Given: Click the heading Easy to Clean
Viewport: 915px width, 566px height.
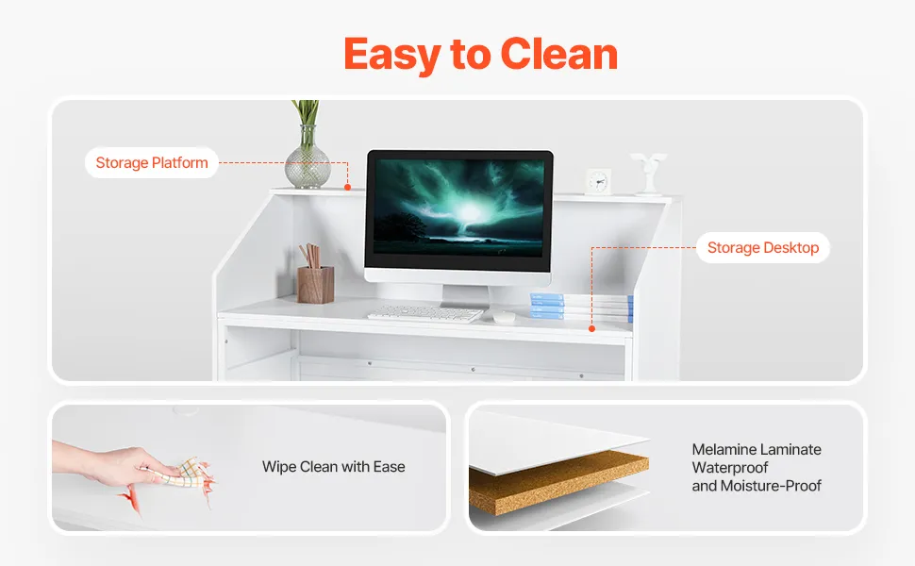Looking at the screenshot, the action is coord(480,55).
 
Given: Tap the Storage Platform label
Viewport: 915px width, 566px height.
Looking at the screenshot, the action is coord(152,163).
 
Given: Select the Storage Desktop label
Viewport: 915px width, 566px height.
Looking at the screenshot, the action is coord(763,248).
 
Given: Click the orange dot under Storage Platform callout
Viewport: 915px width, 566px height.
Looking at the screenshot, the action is coord(347,188).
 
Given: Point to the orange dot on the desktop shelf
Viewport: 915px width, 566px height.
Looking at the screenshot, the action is coord(591,328).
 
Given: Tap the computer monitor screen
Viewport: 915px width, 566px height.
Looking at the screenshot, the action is coord(458,208).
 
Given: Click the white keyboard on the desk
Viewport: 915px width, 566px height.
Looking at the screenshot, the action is coord(424,314).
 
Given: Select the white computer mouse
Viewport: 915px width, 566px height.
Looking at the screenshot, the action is coord(504,317).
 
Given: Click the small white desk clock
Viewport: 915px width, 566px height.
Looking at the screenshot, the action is coord(598,181).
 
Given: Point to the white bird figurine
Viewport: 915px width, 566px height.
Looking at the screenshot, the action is coord(648,174).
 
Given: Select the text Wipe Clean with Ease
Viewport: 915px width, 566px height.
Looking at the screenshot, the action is coord(333,467).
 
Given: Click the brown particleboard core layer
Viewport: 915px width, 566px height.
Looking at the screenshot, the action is coord(558,481).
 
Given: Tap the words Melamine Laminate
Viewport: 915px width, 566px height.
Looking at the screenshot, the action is coord(757,449).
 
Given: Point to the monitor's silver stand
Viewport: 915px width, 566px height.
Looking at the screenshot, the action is coord(465,297).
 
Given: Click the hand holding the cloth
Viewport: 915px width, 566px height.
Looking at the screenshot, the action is coord(111,463).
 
